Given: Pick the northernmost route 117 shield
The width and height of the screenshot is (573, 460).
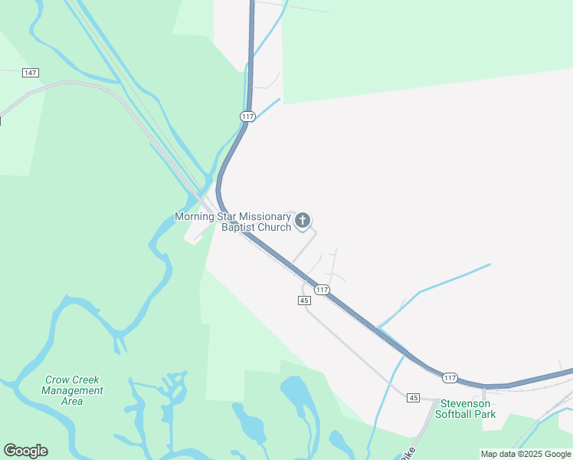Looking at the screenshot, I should pos(247,116).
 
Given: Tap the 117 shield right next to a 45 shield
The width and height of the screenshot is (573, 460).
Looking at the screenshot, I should pos(322,289).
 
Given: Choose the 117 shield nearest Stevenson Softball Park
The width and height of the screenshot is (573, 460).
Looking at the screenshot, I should pos(450,377).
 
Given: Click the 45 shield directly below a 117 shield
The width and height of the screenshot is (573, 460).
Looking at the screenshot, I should pos(304,301).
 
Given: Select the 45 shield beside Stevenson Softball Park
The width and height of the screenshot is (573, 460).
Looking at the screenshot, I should pos(414,397).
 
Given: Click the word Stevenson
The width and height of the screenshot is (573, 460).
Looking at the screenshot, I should pos(466,403).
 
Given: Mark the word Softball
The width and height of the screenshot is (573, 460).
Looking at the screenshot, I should pos(455,414).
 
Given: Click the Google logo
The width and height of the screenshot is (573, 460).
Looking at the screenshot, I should pos(25,451).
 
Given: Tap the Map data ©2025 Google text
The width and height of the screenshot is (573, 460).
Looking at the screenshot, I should pos(526,454).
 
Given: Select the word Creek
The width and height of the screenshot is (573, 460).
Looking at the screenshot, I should pos(85,379).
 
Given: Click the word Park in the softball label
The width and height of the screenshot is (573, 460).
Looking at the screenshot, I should pos(485,414).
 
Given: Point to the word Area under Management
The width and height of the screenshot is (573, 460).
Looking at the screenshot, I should pos(72,401).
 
